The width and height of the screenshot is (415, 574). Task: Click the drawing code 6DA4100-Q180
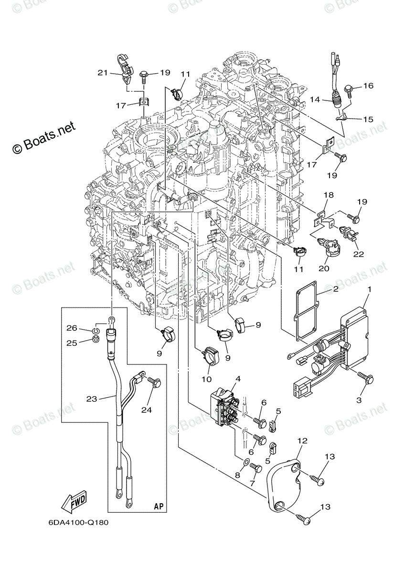pyautogui.click(x=78, y=522)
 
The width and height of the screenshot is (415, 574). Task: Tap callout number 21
pyautogui.click(x=103, y=73)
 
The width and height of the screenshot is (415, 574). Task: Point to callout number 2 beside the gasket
pyautogui.click(x=336, y=289)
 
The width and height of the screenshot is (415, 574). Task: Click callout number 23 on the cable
pyautogui.click(x=92, y=397)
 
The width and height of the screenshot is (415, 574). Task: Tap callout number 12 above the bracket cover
pyautogui.click(x=303, y=441)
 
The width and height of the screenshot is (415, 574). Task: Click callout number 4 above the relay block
pyautogui.click(x=237, y=379)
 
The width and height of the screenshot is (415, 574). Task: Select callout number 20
pyautogui.click(x=324, y=269)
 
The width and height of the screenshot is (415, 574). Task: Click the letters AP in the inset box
pyautogui.click(x=159, y=506)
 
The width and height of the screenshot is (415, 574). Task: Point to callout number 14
pyautogui.click(x=315, y=99)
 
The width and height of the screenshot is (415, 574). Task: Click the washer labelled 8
pyautogui.click(x=245, y=463)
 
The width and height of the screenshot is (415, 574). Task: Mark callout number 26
pyautogui.click(x=71, y=328)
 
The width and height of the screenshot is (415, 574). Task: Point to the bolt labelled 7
pyautogui.click(x=255, y=469)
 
